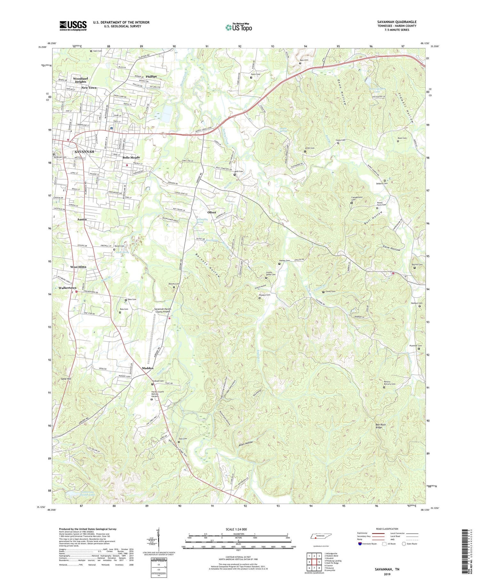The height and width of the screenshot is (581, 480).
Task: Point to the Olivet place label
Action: [212, 212]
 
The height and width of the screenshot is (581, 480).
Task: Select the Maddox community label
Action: [148, 368]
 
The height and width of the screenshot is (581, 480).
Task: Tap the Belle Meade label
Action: [131, 158]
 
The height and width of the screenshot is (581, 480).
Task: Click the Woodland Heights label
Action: [80, 80]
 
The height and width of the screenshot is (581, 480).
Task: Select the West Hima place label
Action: [78, 267]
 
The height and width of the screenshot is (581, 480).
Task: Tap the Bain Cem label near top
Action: [304, 60]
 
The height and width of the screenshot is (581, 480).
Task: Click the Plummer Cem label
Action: [415, 345]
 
